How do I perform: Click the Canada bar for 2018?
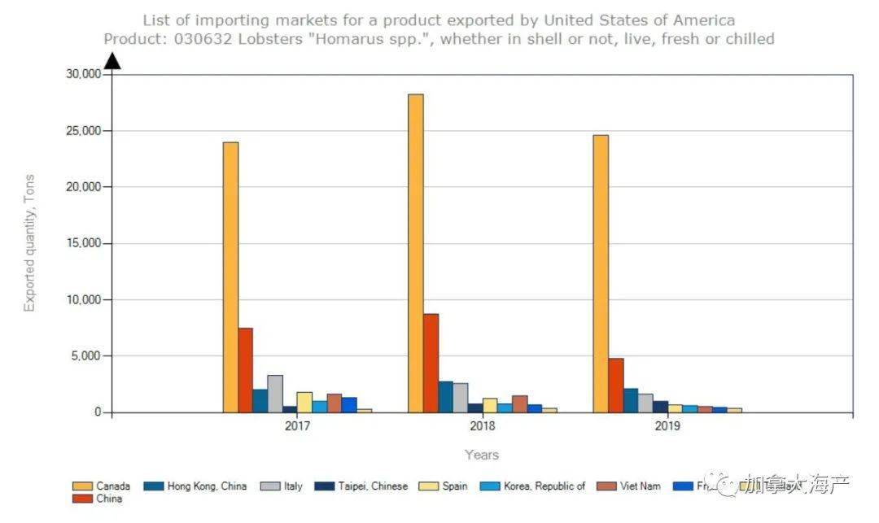pyautogui.click(x=416, y=253)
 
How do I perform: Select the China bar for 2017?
pyautogui.click(x=245, y=370)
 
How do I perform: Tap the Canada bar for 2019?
pyautogui.click(x=601, y=273)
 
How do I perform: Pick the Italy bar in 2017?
pyautogui.click(x=275, y=394)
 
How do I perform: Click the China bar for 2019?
pyautogui.click(x=615, y=386)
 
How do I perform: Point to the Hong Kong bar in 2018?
pyautogui.click(x=446, y=397)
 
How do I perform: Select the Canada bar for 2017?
pyautogui.click(x=230, y=277)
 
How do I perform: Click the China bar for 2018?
pyautogui.click(x=431, y=363)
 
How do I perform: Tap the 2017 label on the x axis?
pyautogui.click(x=297, y=426)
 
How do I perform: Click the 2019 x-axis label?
pyautogui.click(x=667, y=426)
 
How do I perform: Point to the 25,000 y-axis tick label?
pyautogui.click(x=83, y=131)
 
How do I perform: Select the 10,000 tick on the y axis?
pyautogui.click(x=83, y=300)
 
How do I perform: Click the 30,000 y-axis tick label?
pyautogui.click(x=83, y=74)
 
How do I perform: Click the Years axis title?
pyautogui.click(x=482, y=455)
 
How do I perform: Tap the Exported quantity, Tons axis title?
pyautogui.click(x=29, y=242)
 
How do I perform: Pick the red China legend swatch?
pyautogui.click(x=81, y=499)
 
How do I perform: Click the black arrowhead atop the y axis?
pyautogui.click(x=112, y=61)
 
